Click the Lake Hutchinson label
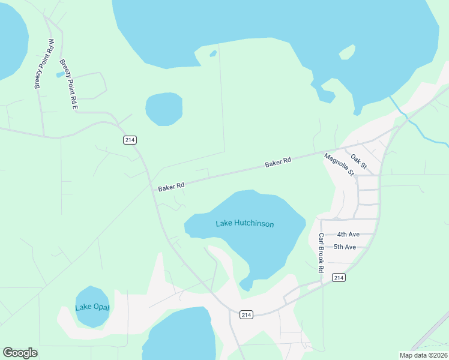pos(244,224)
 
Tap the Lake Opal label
pos(92,307)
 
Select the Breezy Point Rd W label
pos(44,64)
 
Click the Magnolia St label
pos(339,164)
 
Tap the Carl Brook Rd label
pos(321,253)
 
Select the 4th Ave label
pos(348,235)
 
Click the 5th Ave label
pos(345,247)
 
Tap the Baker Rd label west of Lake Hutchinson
pos(170,188)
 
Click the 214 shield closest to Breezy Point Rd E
pos(130,140)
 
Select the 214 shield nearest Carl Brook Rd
pos(339,277)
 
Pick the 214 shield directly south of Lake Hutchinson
pos(246,314)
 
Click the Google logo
pos(20,353)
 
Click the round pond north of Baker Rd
pos(164,109)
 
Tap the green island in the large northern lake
pos(347,53)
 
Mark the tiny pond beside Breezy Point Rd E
pos(59,74)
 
